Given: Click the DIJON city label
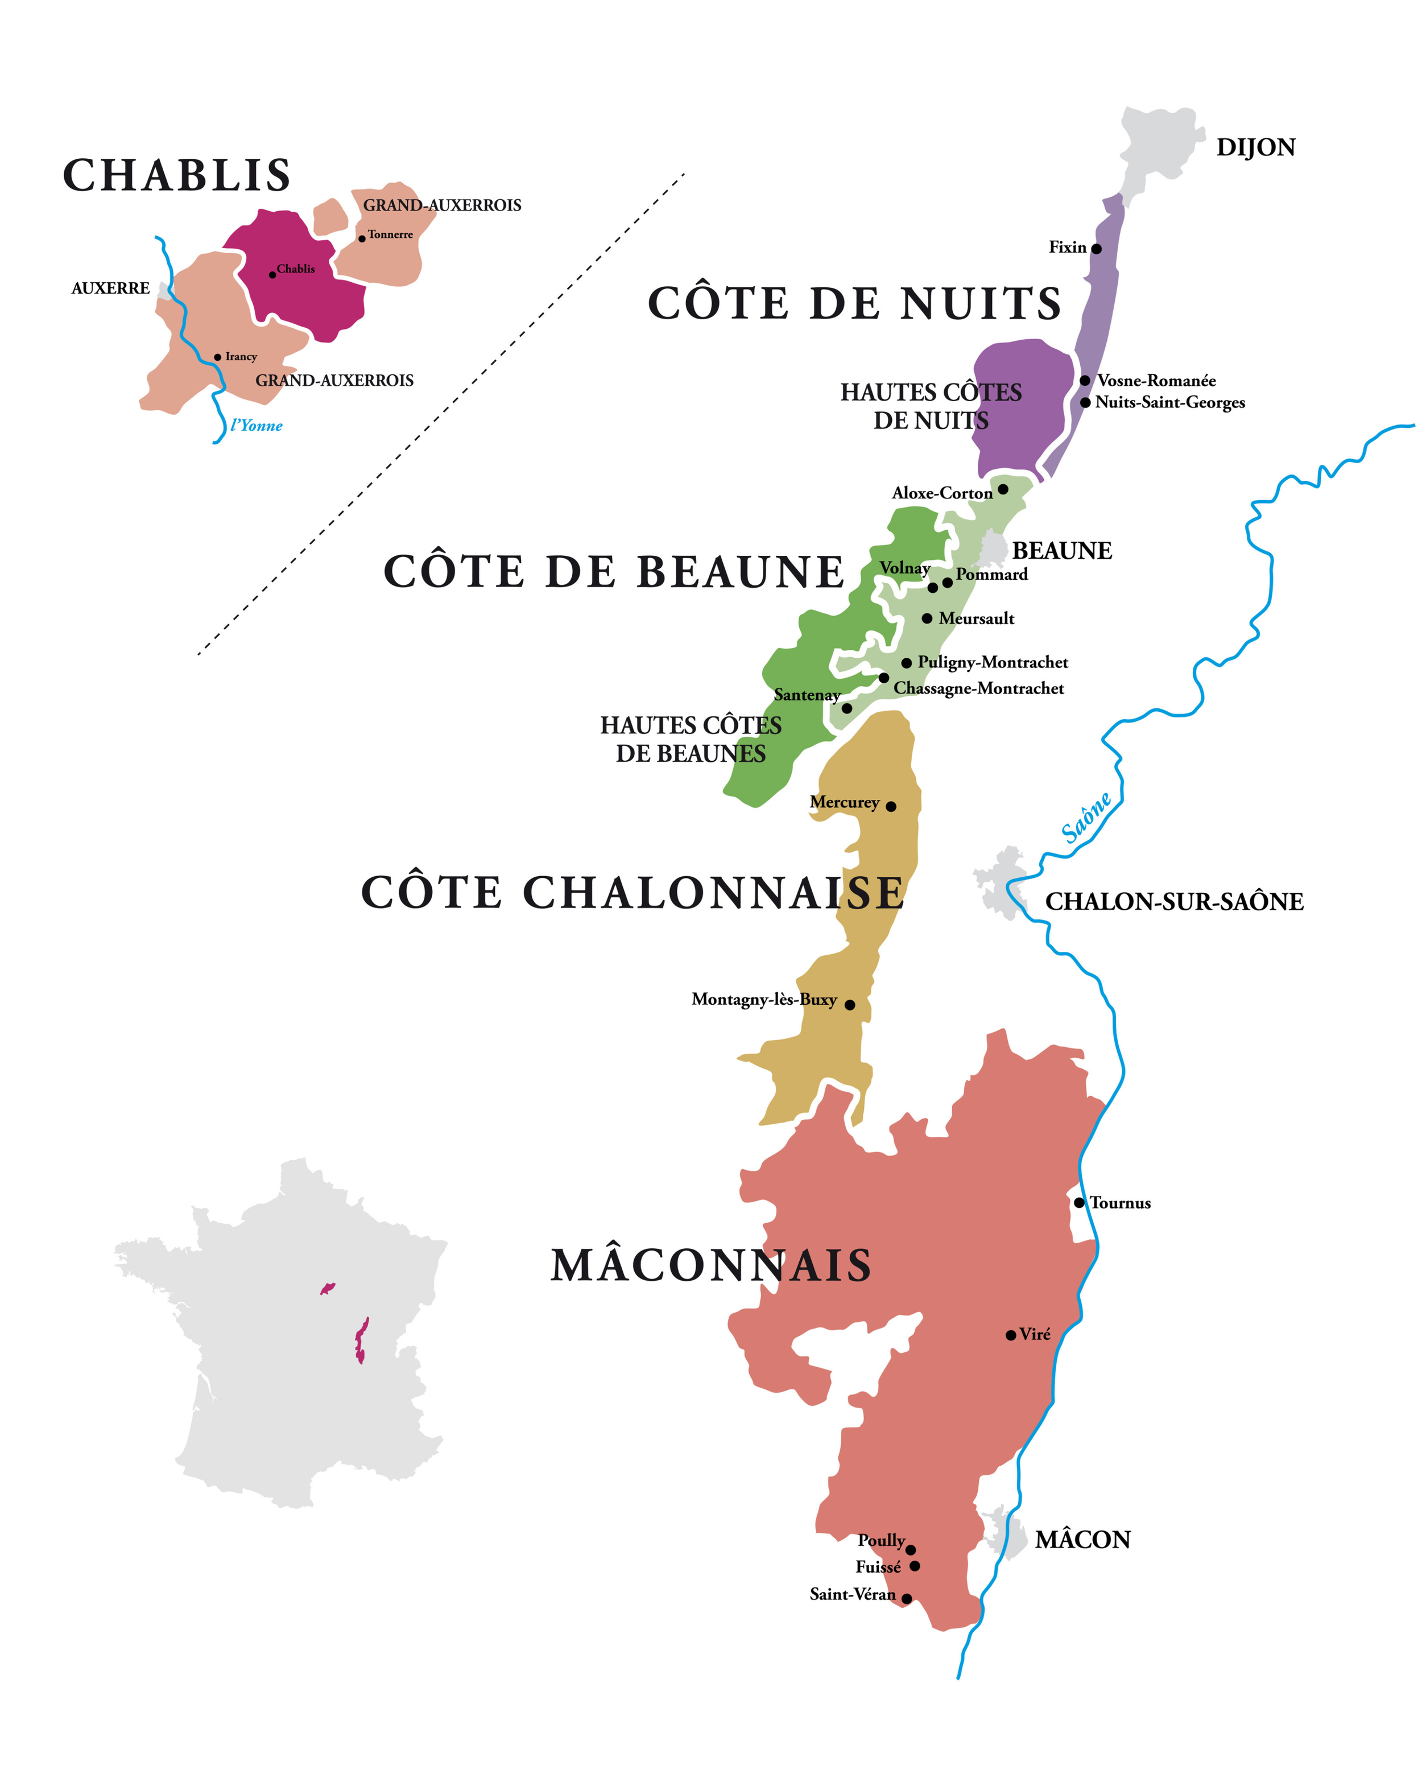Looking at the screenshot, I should coord(1255,147).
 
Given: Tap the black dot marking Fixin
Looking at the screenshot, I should coord(1097,248).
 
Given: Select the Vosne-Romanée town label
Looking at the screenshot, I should coord(1156,380).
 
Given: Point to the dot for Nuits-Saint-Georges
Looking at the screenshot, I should coord(1086,402).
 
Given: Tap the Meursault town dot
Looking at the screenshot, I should coord(927,618).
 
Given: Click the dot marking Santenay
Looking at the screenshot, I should coord(846,708).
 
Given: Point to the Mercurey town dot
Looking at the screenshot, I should coord(890,806).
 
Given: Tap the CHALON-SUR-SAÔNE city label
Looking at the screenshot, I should coord(1174,901).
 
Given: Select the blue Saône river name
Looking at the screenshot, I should coord(1086,817).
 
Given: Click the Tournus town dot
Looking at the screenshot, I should coord(1079,1202).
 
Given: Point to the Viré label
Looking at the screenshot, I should coord(1035,1334).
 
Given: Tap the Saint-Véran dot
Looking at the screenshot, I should coord(906,1598).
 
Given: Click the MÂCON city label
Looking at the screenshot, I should coord(1082,1540).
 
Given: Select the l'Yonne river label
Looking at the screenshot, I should coord(257,426).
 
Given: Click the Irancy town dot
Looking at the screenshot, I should coord(218,357).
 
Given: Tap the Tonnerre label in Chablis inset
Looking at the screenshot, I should coord(390,235).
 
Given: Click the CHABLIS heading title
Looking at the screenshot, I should coord(177,176).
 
